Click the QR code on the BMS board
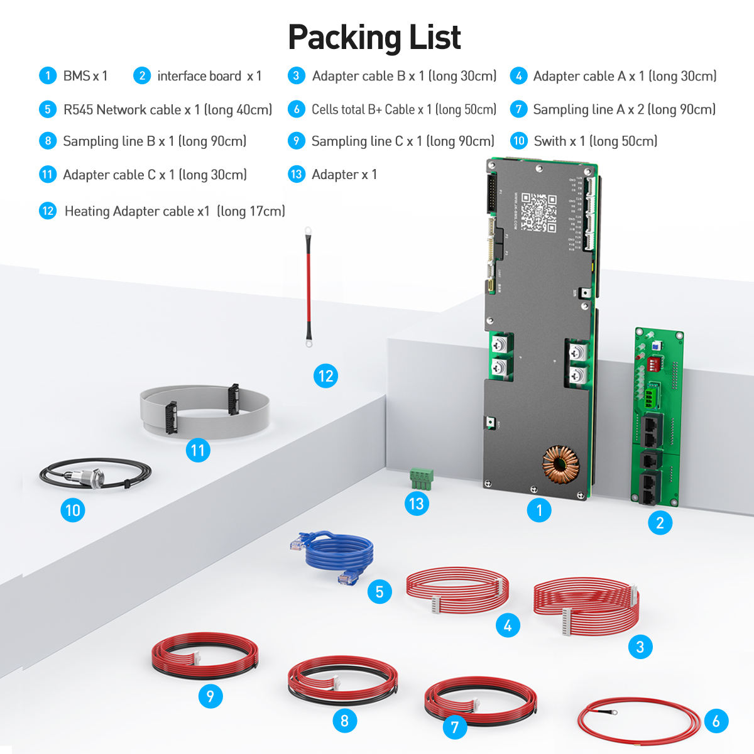point(538,212)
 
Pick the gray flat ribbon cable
point(204,410)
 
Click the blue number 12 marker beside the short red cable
point(325,376)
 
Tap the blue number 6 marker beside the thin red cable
point(716,721)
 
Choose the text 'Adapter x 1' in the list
point(344,175)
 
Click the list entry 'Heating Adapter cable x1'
point(137,211)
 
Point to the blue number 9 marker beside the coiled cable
point(210,696)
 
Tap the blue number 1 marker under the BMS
point(539,510)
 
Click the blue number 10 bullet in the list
point(518,141)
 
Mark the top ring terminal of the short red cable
point(308,232)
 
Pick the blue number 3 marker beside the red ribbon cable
point(640,647)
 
